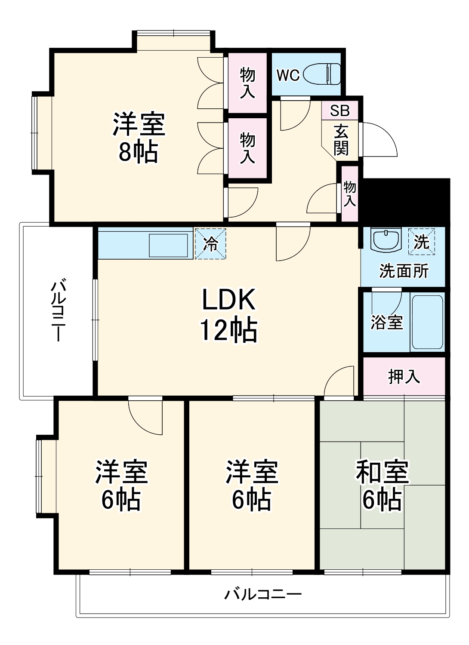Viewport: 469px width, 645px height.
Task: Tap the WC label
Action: point(288,75)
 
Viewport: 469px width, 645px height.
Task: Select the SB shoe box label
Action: point(340,111)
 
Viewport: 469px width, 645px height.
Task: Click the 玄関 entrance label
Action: point(341,140)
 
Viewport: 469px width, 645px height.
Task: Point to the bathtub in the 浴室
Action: point(427,321)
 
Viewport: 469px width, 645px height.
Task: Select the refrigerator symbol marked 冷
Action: point(210,244)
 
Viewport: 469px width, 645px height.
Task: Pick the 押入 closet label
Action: point(404,377)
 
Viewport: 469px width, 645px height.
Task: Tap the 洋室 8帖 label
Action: point(139,138)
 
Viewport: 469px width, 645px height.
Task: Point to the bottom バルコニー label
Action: point(263,595)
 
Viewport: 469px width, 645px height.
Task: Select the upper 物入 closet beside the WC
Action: point(247,83)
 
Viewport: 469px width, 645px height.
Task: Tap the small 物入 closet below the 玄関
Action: point(350,193)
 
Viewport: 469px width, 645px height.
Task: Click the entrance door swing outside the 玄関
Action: point(379,140)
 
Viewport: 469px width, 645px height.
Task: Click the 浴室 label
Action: point(386,322)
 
